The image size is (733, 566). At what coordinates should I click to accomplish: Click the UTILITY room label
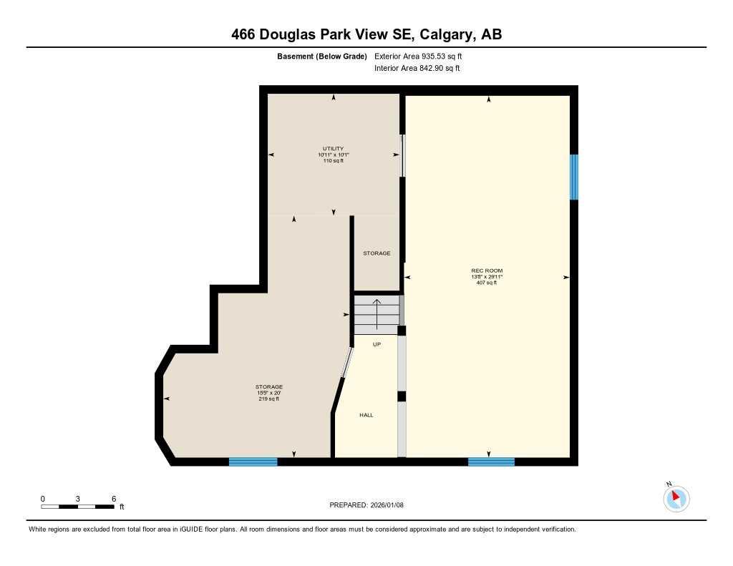coord(333,149)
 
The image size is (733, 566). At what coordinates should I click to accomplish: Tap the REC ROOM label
coord(487,270)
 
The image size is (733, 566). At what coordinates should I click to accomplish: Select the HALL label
coord(366,415)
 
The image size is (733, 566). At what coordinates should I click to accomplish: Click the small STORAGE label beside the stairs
coord(377,253)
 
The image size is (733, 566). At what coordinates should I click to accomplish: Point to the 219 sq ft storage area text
coord(268,399)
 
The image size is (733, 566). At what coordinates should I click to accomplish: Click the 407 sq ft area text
coord(487,283)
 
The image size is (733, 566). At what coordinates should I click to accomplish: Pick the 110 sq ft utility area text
coord(333,161)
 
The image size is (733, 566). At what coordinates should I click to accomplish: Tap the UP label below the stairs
coord(377,344)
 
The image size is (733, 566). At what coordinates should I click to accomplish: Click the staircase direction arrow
coord(377,313)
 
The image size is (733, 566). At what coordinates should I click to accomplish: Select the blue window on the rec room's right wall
coord(573,177)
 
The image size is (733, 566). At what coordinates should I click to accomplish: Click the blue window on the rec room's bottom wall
coord(491,462)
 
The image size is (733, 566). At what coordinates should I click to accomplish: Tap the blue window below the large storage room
coord(253,462)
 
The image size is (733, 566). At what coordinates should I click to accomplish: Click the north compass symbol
coord(676,497)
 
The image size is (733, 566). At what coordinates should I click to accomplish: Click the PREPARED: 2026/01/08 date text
coord(366,505)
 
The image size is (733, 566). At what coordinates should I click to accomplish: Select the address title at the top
coord(366,34)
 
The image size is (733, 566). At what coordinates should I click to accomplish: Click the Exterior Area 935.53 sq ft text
coord(423,56)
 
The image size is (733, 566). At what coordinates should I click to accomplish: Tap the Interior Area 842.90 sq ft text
coord(417,69)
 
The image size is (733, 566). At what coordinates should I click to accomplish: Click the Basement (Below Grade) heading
coord(321,56)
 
